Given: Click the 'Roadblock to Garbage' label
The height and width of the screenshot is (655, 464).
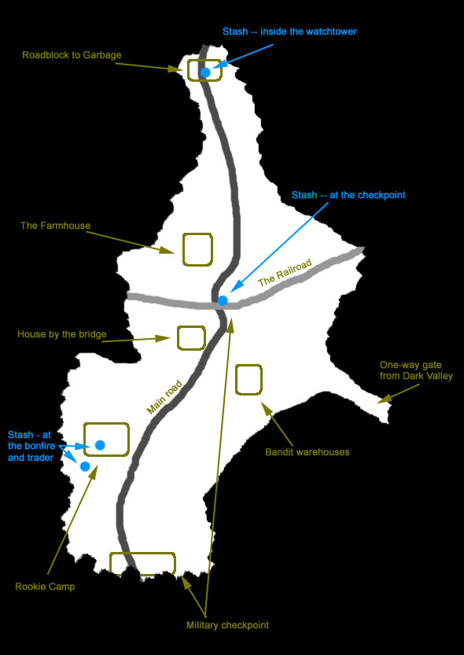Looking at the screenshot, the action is coord(72,55).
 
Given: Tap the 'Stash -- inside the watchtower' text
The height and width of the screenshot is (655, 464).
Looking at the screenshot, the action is coord(289,31).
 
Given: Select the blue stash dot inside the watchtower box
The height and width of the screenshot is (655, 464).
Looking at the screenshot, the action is coord(205,72).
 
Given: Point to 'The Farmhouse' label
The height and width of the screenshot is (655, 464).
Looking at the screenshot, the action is coord(56,226).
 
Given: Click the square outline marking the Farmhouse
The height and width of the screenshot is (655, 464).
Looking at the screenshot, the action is coord(183,250).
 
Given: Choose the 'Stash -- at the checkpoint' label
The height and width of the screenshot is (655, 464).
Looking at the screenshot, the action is coord(348,195).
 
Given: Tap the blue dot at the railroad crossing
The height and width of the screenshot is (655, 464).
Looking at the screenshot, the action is coord(223,300).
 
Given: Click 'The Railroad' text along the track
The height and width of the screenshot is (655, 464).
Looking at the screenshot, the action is coord(285,274).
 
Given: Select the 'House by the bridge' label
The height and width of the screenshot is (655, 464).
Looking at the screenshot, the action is coord(62,334).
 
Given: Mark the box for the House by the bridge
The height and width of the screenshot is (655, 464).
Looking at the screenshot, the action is coord(178,338).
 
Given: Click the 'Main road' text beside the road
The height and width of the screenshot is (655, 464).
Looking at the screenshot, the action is coord(165,396).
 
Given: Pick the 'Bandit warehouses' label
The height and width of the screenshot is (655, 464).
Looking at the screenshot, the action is coord(307,452).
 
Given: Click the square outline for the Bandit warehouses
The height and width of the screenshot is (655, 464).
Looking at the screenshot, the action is coord(236,379).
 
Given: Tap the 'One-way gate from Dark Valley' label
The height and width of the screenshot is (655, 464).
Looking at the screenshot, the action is coord(416,370).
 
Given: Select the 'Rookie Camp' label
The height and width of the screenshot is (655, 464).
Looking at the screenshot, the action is coord(45,587).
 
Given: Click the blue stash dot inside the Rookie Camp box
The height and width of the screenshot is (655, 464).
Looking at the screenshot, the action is coord(100,445).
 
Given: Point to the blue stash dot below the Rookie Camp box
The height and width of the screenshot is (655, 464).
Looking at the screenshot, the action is coord(85,466).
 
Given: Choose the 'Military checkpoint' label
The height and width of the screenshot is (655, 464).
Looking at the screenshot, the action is coord(227,625).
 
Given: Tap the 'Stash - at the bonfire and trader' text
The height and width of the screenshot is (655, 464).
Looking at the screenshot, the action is coord(31,446).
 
